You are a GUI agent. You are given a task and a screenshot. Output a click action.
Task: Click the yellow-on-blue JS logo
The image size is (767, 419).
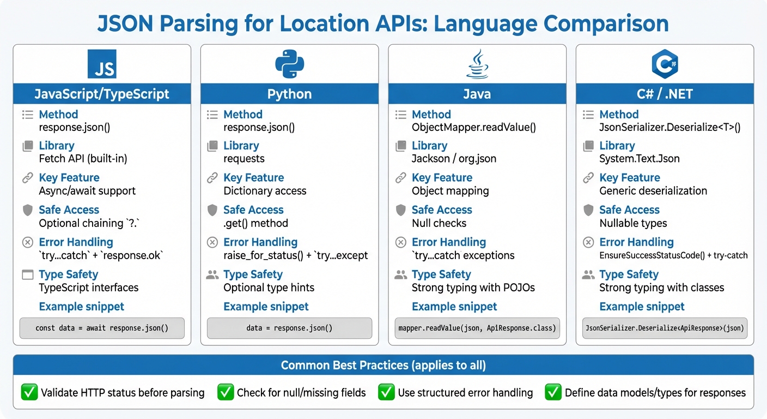[x=102, y=64]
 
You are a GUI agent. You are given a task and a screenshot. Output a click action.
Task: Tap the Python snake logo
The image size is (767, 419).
[x=289, y=64]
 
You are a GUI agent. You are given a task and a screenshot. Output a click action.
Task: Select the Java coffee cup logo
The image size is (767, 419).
[x=477, y=64]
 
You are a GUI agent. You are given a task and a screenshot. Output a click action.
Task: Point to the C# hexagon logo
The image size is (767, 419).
[x=665, y=64]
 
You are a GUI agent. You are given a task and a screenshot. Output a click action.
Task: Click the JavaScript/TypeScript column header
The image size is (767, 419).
[x=102, y=94]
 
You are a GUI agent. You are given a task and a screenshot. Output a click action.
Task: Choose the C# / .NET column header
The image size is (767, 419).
[x=665, y=94]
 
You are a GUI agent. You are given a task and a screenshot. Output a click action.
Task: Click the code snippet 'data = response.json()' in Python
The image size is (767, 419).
[x=289, y=328]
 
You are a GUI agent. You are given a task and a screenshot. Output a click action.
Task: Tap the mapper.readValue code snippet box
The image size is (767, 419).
[x=477, y=328]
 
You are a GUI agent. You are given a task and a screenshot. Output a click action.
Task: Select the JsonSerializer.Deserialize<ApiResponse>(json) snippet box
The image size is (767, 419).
[x=665, y=328]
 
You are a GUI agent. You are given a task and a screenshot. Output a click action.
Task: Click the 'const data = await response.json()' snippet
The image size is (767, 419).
[x=102, y=328]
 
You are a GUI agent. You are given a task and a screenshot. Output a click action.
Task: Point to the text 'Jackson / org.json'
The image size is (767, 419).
[x=454, y=159]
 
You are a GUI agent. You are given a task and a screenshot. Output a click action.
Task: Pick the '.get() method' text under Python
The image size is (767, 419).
[x=255, y=223]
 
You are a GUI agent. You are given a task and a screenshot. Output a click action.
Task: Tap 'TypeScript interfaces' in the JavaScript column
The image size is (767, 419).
[x=89, y=288]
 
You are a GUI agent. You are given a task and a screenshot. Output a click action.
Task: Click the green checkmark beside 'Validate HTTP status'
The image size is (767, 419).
[x=28, y=392]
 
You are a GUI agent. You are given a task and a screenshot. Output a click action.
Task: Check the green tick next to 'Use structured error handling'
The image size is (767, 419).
[x=386, y=392]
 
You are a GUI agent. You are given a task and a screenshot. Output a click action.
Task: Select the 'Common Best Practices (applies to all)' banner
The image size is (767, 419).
[x=384, y=365]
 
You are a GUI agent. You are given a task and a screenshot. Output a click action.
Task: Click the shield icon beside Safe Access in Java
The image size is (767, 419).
[x=400, y=210]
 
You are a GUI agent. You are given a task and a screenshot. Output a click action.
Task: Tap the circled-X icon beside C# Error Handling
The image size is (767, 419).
[x=588, y=242]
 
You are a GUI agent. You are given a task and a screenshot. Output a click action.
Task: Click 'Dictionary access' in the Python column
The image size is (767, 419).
[x=265, y=191]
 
